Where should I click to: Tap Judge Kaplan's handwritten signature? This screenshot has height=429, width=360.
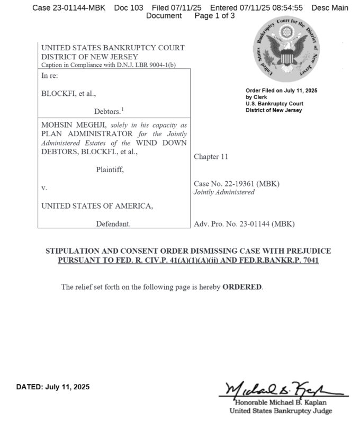pyautogui.click(x=283, y=390)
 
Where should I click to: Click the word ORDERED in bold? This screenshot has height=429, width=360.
pyautogui.click(x=242, y=287)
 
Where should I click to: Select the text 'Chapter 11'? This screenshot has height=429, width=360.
pyautogui.click(x=211, y=157)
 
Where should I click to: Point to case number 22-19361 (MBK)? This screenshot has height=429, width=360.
pyautogui.click(x=237, y=183)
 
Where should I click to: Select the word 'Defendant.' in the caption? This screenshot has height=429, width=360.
pyautogui.click(x=113, y=224)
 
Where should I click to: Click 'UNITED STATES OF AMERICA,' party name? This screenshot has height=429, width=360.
pyautogui.click(x=97, y=205)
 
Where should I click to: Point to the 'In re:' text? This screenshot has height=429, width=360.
pyautogui.click(x=51, y=76)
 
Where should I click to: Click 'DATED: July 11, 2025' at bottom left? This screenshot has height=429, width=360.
pyautogui.click(x=53, y=387)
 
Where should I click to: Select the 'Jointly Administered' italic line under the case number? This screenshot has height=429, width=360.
pyautogui.click(x=224, y=192)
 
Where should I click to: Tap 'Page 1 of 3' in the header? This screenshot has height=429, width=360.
pyautogui.click(x=215, y=16)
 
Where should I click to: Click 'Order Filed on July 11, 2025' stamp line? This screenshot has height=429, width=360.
pyautogui.click(x=281, y=91)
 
